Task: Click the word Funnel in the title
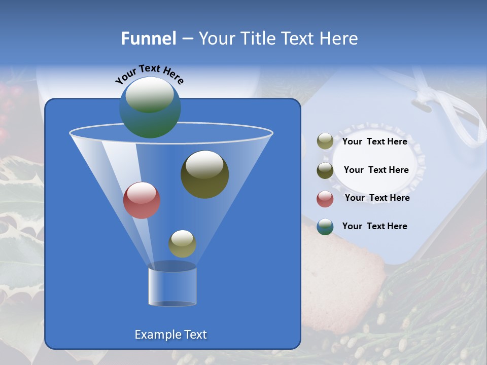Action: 148,39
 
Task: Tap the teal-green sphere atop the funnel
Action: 150,107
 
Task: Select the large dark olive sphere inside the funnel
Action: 204,174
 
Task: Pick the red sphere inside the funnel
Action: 142,200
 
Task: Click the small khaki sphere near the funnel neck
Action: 182,244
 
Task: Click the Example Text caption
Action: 170,335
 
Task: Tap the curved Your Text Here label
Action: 149,75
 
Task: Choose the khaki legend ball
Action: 325,141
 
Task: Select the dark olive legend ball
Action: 325,170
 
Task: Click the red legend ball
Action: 325,199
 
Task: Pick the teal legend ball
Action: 325,227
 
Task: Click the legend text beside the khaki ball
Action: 374,142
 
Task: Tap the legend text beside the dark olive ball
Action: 376,170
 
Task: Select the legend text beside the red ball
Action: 377,198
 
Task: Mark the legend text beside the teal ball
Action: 374,227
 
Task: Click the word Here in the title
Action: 338,39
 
